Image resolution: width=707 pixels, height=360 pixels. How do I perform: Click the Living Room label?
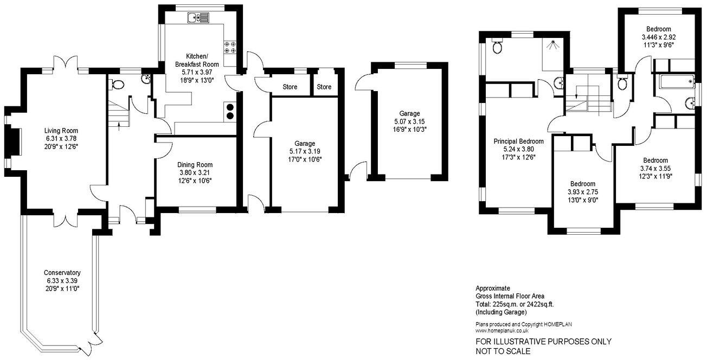tap(62, 131)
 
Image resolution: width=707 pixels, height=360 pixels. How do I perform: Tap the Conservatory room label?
tap(63, 273)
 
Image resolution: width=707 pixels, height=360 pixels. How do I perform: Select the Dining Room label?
tap(195, 165)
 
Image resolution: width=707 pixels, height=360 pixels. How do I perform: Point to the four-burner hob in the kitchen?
tap(229, 47)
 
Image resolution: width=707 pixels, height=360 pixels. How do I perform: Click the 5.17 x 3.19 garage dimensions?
tap(306, 151)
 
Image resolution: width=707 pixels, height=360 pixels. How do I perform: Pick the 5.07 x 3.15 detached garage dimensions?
tap(409, 121)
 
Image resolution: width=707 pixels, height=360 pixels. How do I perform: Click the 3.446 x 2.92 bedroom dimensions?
tap(658, 37)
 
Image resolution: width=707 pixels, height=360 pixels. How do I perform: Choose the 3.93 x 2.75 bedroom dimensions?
tap(582, 192)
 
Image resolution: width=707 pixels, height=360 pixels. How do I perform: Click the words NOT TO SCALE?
tap(503, 351)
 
